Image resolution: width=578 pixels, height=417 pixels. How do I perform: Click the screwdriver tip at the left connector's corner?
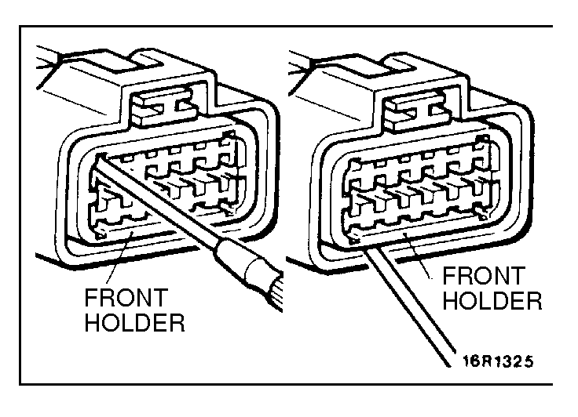point(97,161)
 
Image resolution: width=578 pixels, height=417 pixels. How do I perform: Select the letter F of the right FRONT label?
point(451,277)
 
